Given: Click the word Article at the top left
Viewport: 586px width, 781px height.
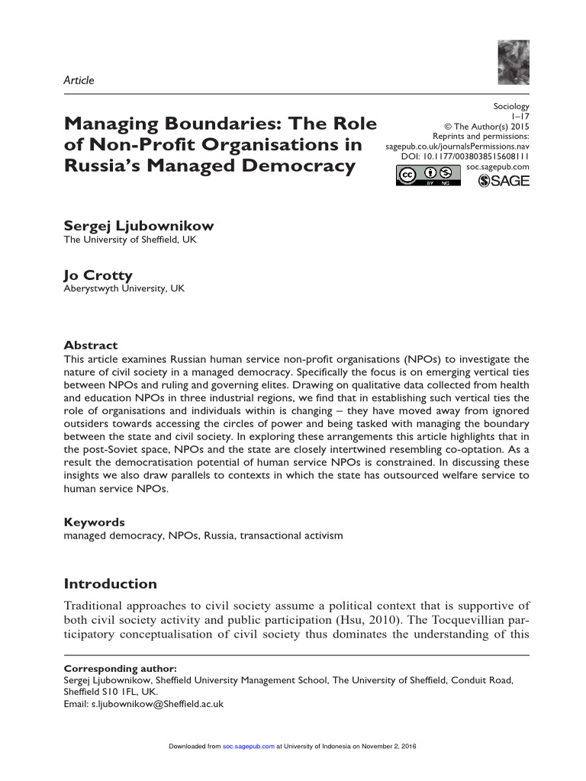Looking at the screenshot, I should pyautogui.click(x=79, y=80).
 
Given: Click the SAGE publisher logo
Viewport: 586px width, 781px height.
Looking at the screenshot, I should pyautogui.click(x=503, y=181).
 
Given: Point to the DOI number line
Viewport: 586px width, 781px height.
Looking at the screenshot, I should pyautogui.click(x=465, y=156).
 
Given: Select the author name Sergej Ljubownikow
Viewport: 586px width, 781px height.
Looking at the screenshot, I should pyautogui.click(x=138, y=226).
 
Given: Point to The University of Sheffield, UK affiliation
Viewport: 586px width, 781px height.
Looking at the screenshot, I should pyautogui.click(x=130, y=239).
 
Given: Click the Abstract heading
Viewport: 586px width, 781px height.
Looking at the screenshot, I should pyautogui.click(x=90, y=345).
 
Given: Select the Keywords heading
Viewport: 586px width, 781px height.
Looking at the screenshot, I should pyautogui.click(x=94, y=522).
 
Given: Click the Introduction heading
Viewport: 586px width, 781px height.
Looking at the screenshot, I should pyautogui.click(x=110, y=584).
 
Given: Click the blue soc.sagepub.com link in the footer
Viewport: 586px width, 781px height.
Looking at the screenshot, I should pyautogui.click(x=248, y=745).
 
